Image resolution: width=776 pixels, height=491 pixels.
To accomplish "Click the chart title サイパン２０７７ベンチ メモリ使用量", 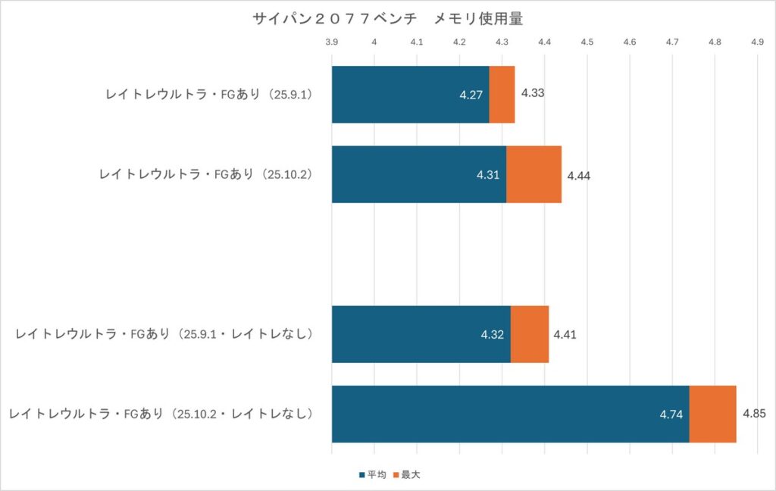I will (x=387, y=19).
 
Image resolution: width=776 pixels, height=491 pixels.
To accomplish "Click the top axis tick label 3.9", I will (x=331, y=42).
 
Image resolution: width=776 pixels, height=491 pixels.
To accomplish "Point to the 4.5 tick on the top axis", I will (x=587, y=42).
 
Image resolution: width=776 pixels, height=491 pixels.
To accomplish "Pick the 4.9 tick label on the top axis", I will (x=756, y=42).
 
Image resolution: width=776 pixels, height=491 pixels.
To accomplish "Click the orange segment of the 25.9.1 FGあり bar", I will (x=502, y=95).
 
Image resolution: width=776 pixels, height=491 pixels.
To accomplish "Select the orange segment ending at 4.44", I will (x=533, y=174).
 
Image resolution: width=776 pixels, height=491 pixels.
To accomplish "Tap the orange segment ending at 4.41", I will (x=530, y=334).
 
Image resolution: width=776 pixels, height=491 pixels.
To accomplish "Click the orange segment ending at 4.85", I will (x=712, y=414).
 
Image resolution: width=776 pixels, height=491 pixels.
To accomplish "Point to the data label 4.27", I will (x=471, y=95).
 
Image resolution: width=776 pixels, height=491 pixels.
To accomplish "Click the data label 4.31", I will (x=488, y=175).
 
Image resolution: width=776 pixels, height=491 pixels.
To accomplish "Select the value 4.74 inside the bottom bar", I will (x=671, y=414).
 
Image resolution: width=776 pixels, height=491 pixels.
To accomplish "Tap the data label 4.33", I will (x=533, y=94).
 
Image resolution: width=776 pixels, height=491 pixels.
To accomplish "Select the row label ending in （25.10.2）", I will (x=206, y=174).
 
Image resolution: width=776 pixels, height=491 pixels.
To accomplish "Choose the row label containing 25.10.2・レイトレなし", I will (x=161, y=414).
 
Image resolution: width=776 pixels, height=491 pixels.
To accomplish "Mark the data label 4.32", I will (x=493, y=335).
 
